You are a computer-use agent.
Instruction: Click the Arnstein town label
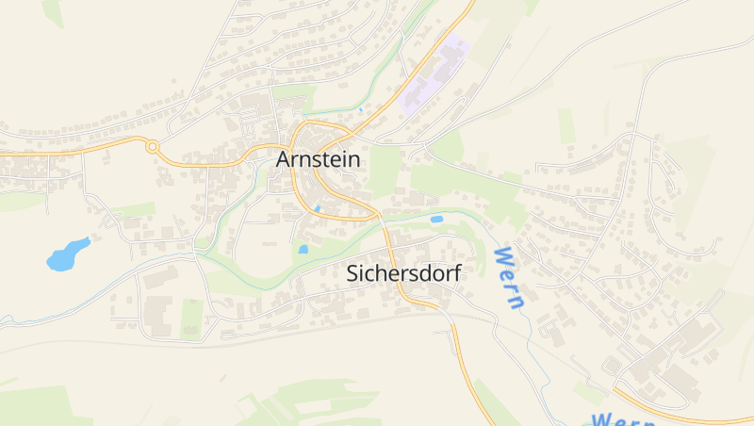pos(318,160)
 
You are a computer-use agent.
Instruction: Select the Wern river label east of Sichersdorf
pos(509,278)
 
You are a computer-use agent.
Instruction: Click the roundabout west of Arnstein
pos(151,146)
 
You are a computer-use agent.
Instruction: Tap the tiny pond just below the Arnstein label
pos(318,208)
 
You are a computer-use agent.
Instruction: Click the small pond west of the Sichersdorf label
pos(303,250)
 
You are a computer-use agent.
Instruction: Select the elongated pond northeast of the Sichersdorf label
pos(436,220)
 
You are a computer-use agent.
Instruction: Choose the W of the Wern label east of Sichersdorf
pos(502,256)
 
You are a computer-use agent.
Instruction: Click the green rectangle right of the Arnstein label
pos(385,171)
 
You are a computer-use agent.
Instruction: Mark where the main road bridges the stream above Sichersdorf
pos(385,220)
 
